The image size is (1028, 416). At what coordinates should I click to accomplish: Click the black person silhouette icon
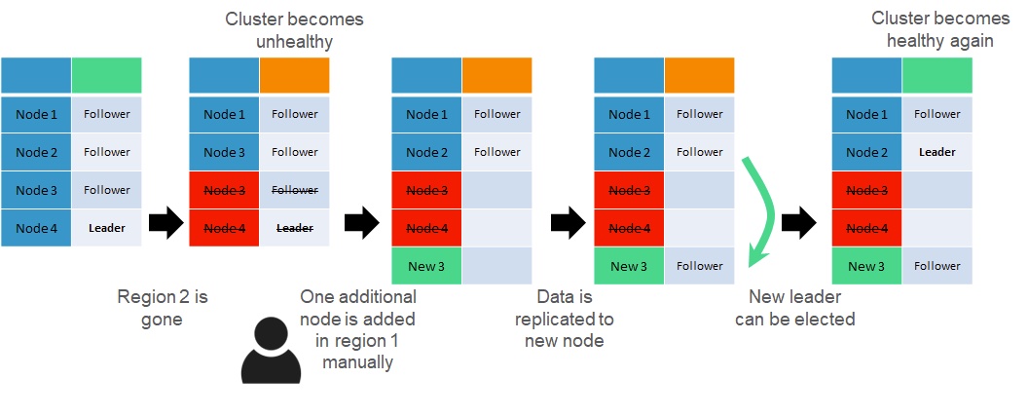pos(271,350)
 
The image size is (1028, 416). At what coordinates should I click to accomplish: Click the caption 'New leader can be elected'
pos(801,307)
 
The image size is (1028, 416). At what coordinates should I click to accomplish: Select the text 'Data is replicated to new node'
pos(564,318)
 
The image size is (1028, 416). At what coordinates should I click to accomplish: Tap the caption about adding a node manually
pos(358,328)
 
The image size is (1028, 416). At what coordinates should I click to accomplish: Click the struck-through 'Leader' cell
pos(295,228)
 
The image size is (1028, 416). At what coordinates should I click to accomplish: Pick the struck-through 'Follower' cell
pos(295,190)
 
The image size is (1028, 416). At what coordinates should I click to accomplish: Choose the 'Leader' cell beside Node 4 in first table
pos(107,228)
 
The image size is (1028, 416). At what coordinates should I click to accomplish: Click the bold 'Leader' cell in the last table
pos(937,152)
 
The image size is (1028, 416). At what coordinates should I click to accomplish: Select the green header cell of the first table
pos(107,75)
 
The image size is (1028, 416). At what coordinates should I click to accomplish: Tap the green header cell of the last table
pos(937,75)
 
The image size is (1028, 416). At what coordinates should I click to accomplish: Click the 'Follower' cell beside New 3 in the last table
pos(937,266)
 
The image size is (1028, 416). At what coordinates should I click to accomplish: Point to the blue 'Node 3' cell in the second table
pos(225,152)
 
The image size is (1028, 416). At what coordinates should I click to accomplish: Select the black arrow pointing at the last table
pos(798,224)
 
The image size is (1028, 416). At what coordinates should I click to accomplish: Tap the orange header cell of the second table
pos(295,75)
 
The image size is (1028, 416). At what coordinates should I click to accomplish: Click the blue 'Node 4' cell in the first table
pos(37,228)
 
